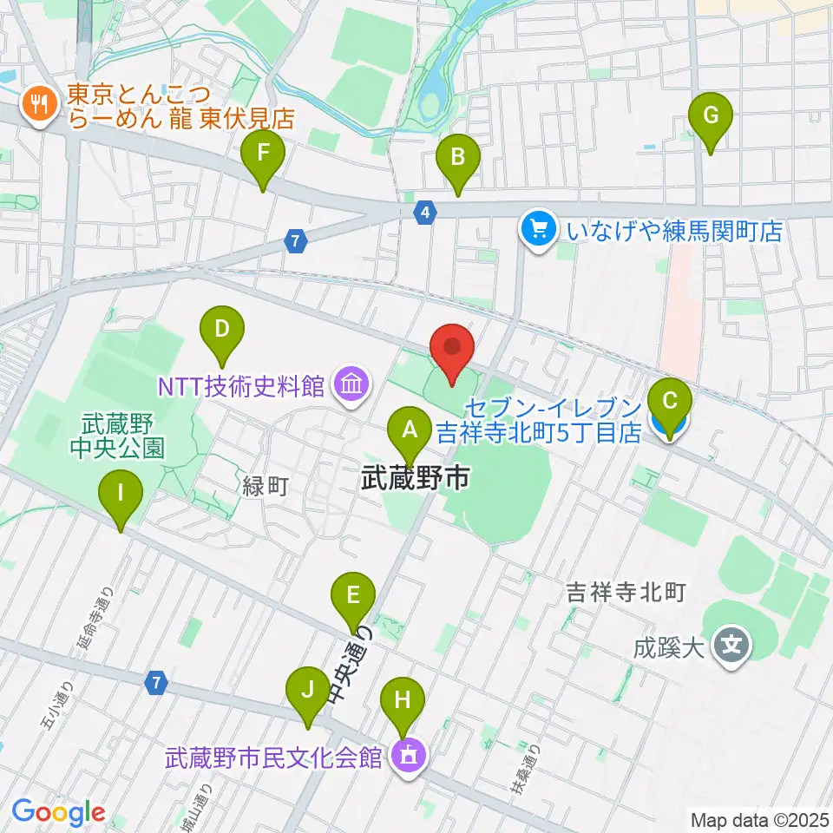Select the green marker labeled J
[x=306, y=692]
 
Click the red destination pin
[x=453, y=349]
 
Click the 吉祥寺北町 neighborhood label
[x=626, y=593]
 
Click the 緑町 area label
[x=264, y=488]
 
